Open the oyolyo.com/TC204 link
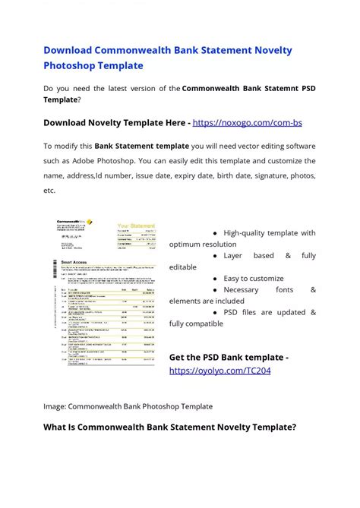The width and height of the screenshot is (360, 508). click(219, 371)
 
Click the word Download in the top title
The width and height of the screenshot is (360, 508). click(66, 50)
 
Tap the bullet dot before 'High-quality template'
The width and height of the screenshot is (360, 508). click(216, 233)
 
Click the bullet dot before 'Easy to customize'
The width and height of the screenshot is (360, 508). click(216, 279)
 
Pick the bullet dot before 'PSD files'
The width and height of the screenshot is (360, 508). click(216, 313)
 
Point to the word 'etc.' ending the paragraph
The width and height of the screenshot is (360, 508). click(49, 191)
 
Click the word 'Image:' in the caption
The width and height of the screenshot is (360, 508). click(55, 406)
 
